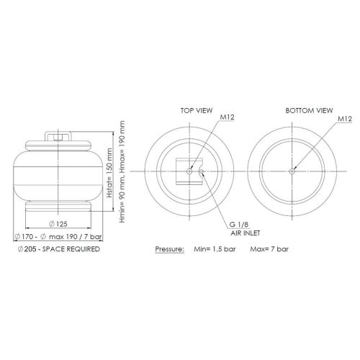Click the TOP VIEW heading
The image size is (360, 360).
[197, 111]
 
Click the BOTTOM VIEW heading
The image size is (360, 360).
[309, 111]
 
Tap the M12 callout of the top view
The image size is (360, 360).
[227, 117]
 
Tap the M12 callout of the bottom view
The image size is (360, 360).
[345, 119]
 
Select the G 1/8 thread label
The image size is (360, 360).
[239, 225]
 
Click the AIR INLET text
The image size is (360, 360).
[246, 233]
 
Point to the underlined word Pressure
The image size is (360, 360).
[170, 249]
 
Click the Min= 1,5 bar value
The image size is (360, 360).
[215, 249]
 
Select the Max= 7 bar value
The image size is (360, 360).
[269, 249]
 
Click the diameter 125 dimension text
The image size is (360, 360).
[58, 224]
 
